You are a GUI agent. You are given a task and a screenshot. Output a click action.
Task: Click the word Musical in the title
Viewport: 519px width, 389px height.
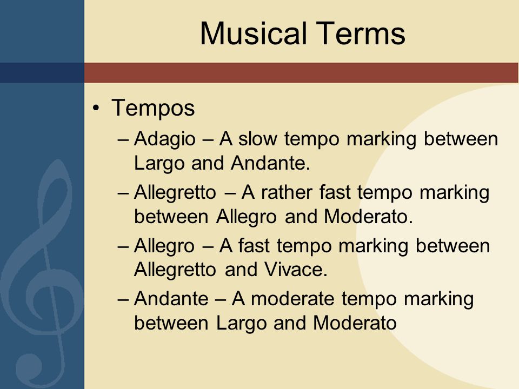(x=253, y=33)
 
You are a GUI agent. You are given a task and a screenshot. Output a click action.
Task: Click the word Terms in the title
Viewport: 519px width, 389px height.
(x=361, y=33)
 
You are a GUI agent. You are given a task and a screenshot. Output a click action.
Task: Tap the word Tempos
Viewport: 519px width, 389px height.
(x=153, y=109)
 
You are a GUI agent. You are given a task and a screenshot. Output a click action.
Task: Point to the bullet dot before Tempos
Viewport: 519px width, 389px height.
(x=96, y=108)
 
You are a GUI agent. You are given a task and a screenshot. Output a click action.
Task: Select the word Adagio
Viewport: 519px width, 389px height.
(x=165, y=139)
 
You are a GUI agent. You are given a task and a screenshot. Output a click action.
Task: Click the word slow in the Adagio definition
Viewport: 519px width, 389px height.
(x=258, y=138)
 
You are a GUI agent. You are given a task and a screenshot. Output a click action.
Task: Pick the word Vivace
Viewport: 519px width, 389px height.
(x=296, y=269)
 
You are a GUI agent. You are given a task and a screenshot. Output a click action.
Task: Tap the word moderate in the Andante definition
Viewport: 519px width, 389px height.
(x=292, y=298)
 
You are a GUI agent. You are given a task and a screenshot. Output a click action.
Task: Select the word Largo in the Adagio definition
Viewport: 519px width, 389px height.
(x=158, y=164)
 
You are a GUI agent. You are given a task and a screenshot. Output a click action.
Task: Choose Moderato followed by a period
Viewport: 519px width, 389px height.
(x=368, y=217)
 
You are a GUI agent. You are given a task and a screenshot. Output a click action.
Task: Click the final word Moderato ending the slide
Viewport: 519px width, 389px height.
(x=355, y=323)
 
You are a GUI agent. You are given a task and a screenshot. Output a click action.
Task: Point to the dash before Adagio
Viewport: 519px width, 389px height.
(x=123, y=139)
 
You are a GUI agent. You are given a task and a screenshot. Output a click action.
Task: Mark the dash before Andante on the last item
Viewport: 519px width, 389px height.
(x=123, y=300)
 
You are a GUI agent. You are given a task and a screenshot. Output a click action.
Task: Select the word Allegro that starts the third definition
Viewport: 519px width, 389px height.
(x=164, y=246)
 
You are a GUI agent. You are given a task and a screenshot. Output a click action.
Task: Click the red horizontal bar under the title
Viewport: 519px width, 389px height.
(x=302, y=72)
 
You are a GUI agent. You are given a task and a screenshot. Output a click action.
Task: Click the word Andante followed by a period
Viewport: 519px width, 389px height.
(x=271, y=163)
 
